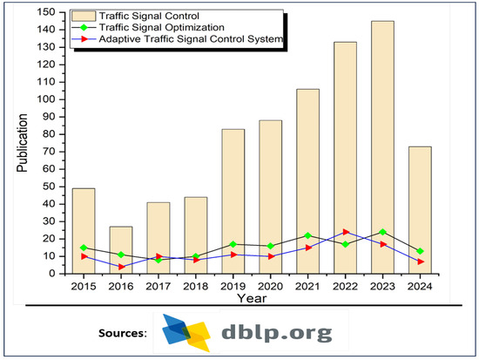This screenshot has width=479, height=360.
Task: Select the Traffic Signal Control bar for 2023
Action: pos(382,147)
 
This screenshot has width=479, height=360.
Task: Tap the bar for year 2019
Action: pos(233,201)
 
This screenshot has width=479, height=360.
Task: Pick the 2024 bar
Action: pos(420,210)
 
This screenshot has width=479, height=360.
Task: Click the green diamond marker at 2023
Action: pos(382,232)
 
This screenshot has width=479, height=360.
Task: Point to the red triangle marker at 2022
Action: pos(345,232)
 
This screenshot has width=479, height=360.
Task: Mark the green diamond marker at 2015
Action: pos(84,248)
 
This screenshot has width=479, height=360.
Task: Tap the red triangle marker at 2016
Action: pos(121,267)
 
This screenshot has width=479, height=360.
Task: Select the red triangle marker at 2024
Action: pos(420,262)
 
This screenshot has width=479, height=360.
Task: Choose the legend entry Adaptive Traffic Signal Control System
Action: pos(188,40)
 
